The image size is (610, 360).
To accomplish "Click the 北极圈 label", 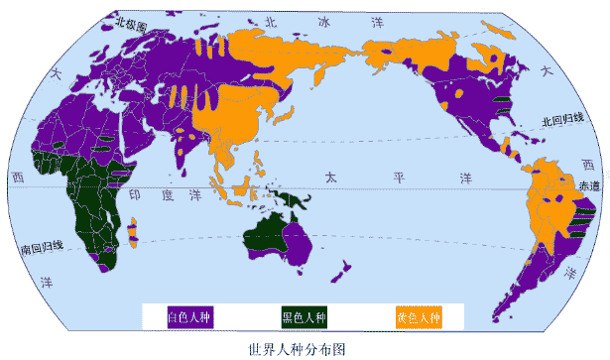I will tap(130, 22).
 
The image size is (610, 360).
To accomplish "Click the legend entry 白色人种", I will tap(189, 317).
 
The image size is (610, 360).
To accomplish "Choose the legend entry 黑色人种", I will tap(304, 317).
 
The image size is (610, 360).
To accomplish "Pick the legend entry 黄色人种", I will tap(418, 317).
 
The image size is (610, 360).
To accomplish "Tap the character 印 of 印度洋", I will tap(135, 195).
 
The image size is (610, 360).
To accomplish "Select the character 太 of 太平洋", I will tap(333, 176).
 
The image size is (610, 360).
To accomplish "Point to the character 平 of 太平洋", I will tap(399, 177).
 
